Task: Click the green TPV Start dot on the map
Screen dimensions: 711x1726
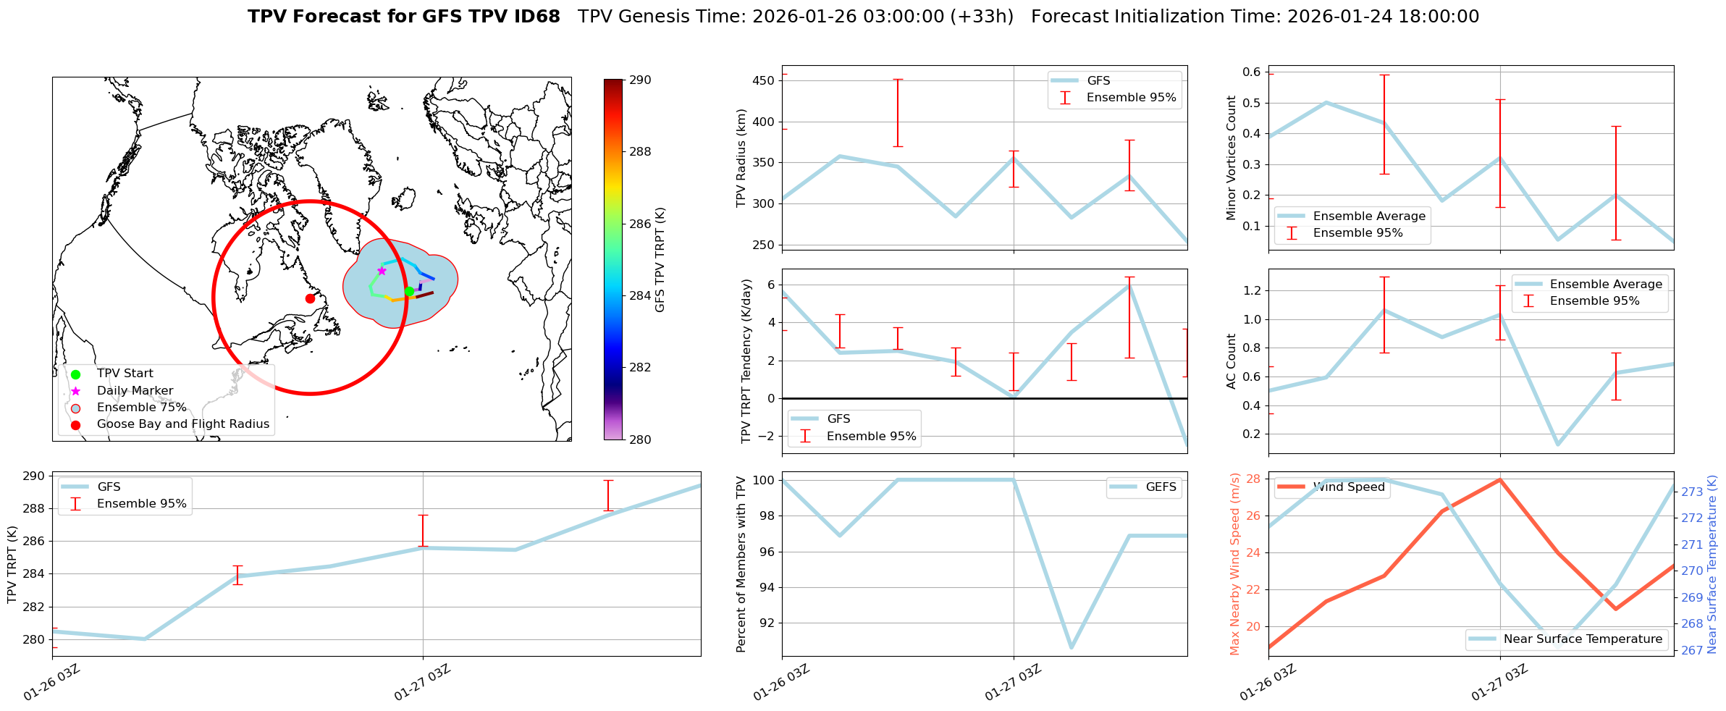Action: [x=409, y=291]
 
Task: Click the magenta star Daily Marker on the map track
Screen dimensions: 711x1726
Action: [x=382, y=271]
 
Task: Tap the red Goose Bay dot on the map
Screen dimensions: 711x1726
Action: [x=310, y=298]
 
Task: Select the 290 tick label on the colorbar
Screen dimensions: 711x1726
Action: [x=639, y=80]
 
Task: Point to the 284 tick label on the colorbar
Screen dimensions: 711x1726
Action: [x=639, y=295]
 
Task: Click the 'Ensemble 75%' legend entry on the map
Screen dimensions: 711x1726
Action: [x=141, y=408]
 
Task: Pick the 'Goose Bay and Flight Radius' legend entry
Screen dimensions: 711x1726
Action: [x=182, y=424]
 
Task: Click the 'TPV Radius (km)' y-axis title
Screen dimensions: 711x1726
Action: [x=741, y=158]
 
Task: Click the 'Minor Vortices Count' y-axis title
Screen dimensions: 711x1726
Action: [x=1231, y=158]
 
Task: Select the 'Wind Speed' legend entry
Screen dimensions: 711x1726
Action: [x=1348, y=487]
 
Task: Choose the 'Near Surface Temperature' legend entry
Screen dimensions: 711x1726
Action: [x=1583, y=639]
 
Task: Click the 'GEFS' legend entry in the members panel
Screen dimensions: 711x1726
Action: [x=1161, y=487]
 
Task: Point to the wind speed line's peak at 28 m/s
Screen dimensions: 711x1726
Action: [x=1499, y=479]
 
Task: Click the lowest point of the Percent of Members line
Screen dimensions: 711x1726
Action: [x=1072, y=647]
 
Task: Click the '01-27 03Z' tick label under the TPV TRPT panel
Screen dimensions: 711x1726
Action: [x=422, y=682]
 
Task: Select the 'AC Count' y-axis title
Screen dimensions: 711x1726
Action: [x=1231, y=361]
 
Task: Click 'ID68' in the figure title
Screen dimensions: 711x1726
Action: [x=536, y=17]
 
